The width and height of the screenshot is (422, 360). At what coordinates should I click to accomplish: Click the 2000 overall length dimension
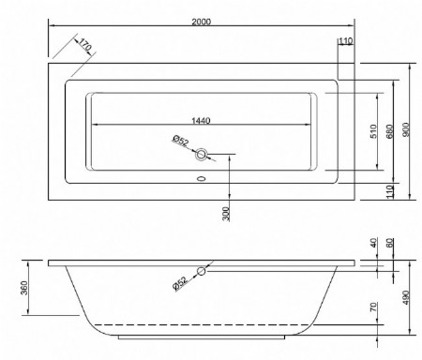pos(202,22)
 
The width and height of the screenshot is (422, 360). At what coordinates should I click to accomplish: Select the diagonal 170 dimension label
pos(84,45)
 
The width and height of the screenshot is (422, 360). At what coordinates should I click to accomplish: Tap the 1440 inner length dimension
pos(201,120)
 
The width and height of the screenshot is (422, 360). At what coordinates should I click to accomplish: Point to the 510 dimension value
pos(373,131)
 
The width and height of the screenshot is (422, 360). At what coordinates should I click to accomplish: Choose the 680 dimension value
pos(389,131)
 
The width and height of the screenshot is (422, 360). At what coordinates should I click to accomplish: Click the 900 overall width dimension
pos(405,129)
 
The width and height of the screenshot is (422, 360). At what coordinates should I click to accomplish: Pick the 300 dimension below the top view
pos(226,214)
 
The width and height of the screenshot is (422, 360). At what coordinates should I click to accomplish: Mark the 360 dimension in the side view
pos(24,288)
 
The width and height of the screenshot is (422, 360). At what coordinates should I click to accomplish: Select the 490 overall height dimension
pos(405,298)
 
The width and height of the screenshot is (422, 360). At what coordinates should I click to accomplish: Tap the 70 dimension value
pos(373,307)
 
